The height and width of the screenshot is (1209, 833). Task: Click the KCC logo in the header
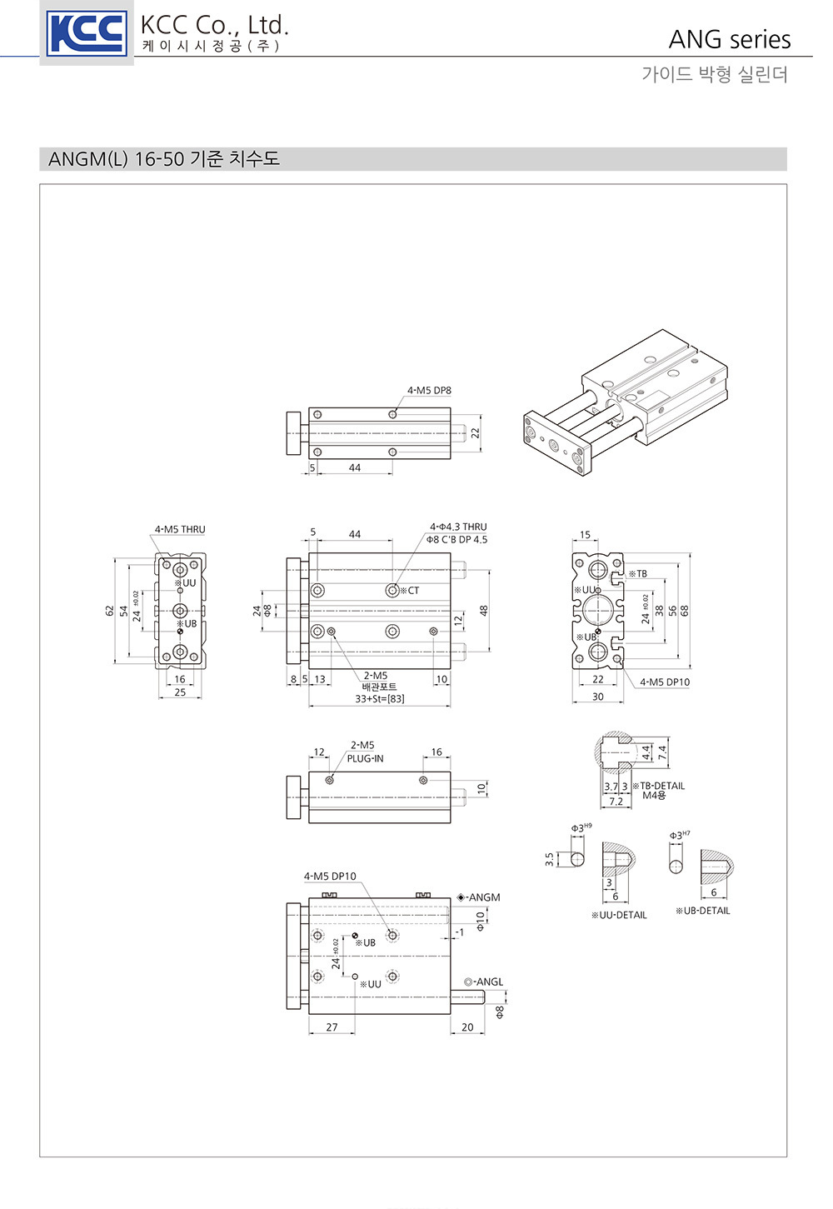point(87,34)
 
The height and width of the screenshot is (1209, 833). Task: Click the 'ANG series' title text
point(730,39)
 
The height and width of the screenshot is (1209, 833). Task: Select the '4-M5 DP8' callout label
point(429,390)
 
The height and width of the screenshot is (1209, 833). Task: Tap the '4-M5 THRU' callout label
point(180,529)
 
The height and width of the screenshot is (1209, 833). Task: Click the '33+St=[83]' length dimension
point(379,698)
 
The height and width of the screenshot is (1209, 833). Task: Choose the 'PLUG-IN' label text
point(365,758)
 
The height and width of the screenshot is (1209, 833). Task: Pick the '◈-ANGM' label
point(478,897)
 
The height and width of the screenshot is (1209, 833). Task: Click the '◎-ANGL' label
point(483,982)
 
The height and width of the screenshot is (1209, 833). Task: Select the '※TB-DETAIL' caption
point(658,786)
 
